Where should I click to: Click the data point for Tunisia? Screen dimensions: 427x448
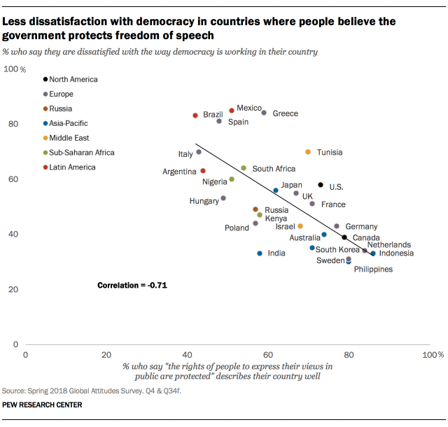[x=307, y=152]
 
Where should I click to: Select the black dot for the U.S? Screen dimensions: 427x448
[x=321, y=185]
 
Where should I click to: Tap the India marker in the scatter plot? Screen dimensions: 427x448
[x=260, y=253]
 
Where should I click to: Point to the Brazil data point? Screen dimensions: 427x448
[x=195, y=115]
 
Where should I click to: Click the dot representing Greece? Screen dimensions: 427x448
[x=264, y=113]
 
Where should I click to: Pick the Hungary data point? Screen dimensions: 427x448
[x=223, y=198]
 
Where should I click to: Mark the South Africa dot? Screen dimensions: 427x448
[x=244, y=168]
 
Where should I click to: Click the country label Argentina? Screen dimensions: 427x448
[x=179, y=171]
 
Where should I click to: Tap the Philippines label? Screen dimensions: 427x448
[x=373, y=269]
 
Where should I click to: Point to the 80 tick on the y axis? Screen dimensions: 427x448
[x=13, y=125]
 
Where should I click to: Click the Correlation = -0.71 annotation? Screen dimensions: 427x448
[x=132, y=286]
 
